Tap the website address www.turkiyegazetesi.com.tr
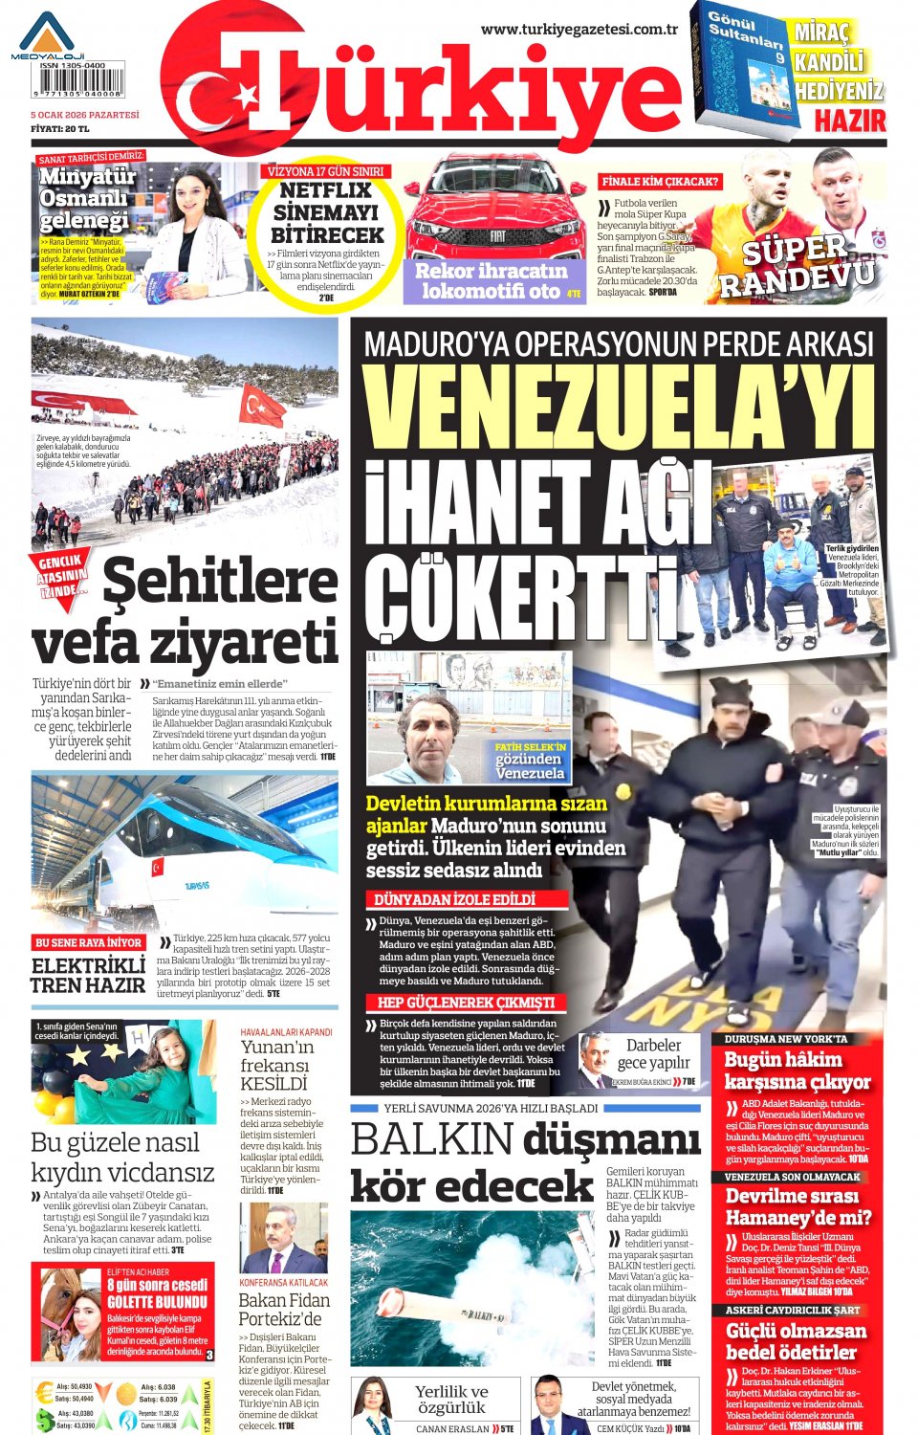coord(579,30)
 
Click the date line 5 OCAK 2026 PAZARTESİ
coord(85,115)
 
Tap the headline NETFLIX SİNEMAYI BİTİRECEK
coord(326,212)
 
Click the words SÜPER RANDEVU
coord(797,265)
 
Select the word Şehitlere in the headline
coord(220,583)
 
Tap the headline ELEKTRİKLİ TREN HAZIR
coord(88,974)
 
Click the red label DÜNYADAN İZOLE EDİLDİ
coord(454,899)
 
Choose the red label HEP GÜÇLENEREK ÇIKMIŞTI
coord(466,1003)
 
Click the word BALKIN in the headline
coord(432,1140)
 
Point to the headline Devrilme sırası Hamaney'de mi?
coord(798,1206)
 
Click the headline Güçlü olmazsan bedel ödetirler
coord(796,1341)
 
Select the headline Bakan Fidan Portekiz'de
coord(284,1309)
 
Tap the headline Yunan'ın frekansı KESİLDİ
coord(276,1065)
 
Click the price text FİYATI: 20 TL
coord(60,128)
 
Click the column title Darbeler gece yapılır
coord(654,1053)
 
